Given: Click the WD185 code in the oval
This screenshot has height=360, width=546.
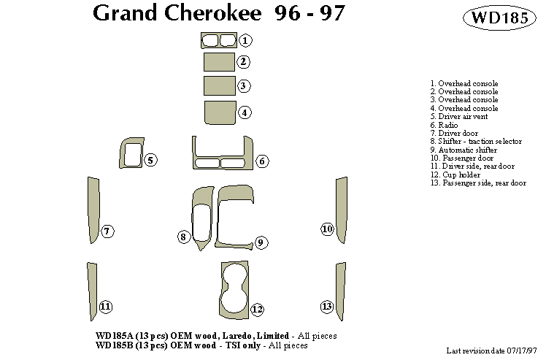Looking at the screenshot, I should (501, 19).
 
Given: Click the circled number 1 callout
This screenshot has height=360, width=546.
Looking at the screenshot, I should (246, 40).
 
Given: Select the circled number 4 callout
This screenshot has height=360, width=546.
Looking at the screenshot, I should (245, 112).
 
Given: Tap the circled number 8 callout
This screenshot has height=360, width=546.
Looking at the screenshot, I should (184, 236).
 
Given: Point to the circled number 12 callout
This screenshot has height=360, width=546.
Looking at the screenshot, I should (257, 309).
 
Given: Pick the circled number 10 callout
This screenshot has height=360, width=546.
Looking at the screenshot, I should (327, 229).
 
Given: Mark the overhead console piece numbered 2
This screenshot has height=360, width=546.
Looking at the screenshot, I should (218, 62).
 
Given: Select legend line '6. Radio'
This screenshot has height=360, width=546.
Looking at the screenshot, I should (445, 125).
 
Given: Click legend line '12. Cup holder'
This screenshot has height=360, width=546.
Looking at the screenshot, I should (455, 175).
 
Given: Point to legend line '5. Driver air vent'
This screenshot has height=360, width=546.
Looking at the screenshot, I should (458, 116).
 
